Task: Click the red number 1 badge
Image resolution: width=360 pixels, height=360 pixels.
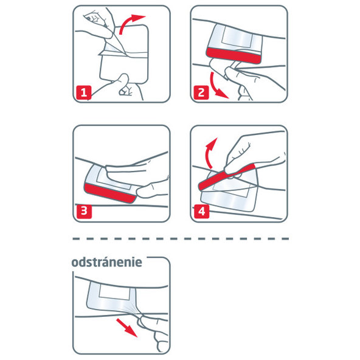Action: tap(83, 93)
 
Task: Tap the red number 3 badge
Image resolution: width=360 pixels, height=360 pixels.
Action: tap(83, 212)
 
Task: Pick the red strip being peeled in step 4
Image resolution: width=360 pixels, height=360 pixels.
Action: tap(226, 176)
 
